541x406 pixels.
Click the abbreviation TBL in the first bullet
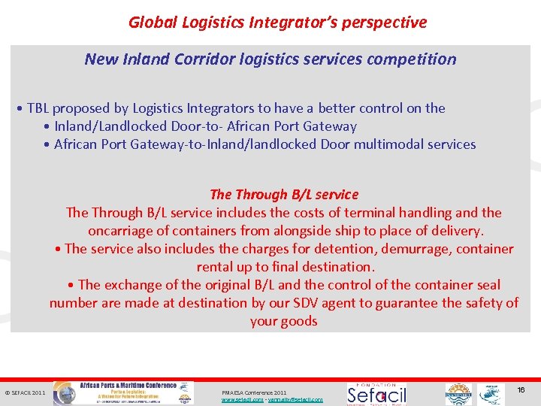pos(38,108)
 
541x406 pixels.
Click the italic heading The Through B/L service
pos(284,195)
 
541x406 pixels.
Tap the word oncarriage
pos(120,231)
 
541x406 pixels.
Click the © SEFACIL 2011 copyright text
pos(26,392)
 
